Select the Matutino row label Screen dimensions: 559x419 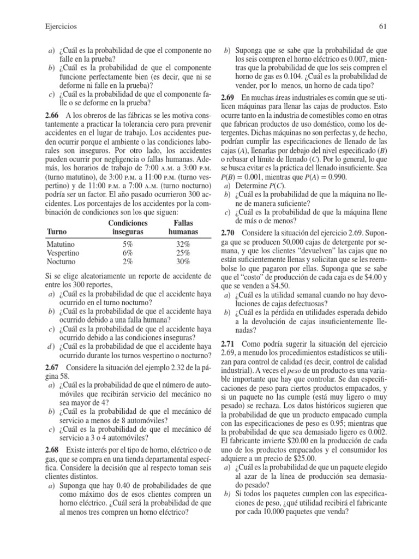[x=63, y=245]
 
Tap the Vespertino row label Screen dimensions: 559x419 [x=64, y=253]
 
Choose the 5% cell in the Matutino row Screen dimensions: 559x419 [x=128, y=245]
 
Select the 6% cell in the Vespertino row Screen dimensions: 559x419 [x=128, y=253]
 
